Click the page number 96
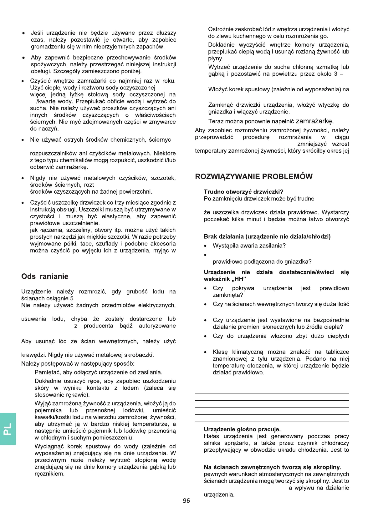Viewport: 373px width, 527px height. (x=186, y=501)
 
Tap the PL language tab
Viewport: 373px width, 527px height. (x=8, y=429)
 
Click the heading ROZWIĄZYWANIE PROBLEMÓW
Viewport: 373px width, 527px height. (x=253, y=177)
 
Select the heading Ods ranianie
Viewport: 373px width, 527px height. (x=45, y=276)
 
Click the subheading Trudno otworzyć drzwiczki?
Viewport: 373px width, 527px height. (x=243, y=192)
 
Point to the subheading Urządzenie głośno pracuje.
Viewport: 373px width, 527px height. (x=242, y=429)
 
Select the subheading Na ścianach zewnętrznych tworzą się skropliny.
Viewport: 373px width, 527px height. (x=272, y=467)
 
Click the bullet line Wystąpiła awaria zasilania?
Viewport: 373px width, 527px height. (x=249, y=246)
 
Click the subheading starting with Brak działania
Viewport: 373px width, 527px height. (x=267, y=236)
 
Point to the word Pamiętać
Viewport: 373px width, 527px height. (x=48, y=372)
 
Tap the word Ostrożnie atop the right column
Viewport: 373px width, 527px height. (x=221, y=29)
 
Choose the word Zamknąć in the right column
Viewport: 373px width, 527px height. (x=221, y=105)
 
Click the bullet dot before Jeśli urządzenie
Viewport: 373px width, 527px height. (x=23, y=33)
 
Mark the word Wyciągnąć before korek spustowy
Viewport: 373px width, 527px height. (x=49, y=447)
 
